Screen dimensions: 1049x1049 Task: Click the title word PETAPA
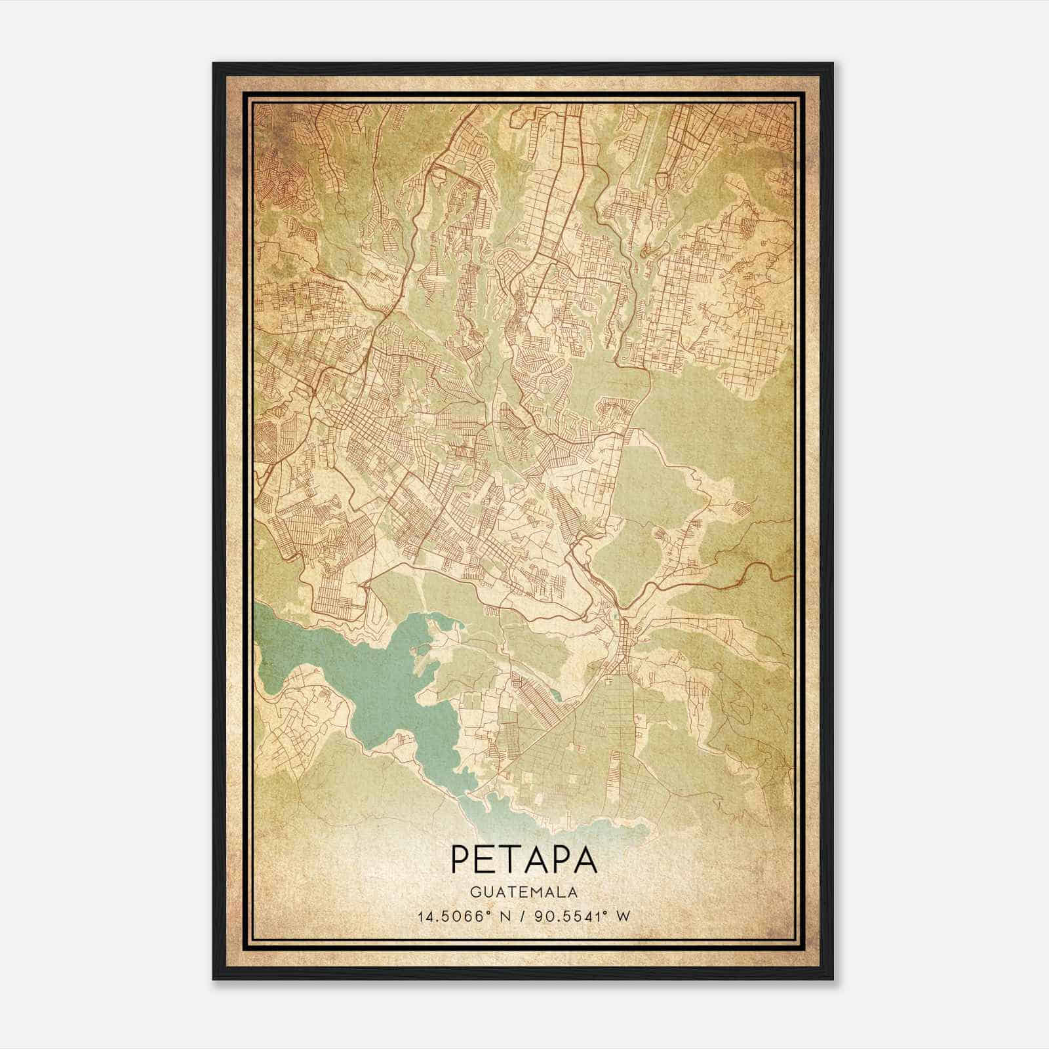coord(524,860)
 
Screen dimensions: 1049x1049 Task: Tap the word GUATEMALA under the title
coord(524,892)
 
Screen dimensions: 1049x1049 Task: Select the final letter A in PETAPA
coord(586,860)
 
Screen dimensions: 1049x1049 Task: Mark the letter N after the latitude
coord(505,916)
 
